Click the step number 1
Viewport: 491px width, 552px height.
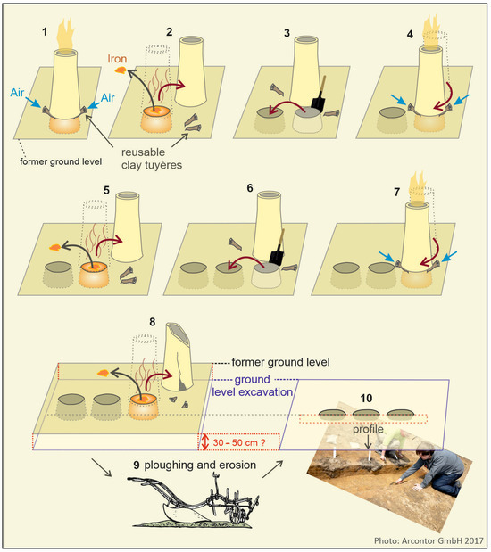click(45, 32)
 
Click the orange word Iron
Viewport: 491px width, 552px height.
click(117, 59)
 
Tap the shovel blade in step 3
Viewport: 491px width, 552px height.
click(318, 103)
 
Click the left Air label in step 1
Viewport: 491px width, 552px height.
click(17, 93)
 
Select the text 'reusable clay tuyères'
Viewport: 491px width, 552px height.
click(152, 159)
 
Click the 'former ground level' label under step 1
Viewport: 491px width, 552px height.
click(61, 161)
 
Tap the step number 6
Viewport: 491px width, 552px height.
click(250, 188)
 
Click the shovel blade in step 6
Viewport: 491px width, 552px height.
click(277, 258)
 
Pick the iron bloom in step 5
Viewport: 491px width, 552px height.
click(54, 248)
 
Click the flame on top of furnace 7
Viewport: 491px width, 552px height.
click(418, 187)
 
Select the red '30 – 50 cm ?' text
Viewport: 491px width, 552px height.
click(239, 442)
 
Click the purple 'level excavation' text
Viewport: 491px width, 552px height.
click(253, 391)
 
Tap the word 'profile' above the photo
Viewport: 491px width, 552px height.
click(368, 429)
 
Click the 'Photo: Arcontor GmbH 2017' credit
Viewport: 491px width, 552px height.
click(429, 540)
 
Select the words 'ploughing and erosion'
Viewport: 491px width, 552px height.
click(200, 465)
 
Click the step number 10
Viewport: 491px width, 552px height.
click(366, 398)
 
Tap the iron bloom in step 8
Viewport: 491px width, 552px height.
click(104, 373)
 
